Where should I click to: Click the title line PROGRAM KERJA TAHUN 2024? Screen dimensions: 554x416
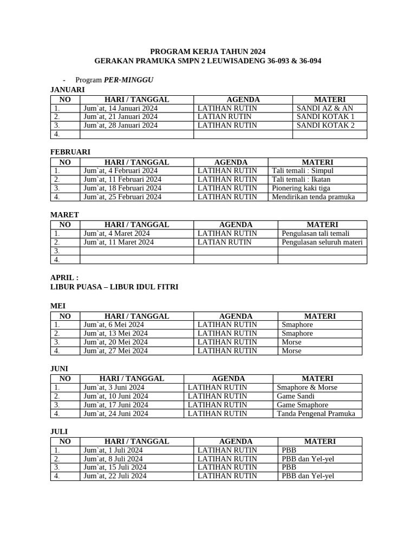pos(208,50)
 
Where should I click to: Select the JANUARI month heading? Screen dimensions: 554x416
pos(67,89)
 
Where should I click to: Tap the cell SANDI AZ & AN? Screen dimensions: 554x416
pos(324,108)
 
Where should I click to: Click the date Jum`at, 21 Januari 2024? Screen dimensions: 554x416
pos(121,117)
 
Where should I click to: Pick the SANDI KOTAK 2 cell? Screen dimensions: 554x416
pos(326,126)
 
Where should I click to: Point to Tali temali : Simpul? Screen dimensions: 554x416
pos(303,171)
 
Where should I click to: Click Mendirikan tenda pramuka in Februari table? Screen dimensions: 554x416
pos(313,197)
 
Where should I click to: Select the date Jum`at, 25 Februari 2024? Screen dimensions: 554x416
pos(122,197)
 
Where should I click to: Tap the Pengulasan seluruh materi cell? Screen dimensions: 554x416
pos(322,242)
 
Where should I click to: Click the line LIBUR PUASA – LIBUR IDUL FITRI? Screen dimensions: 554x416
pos(114,287)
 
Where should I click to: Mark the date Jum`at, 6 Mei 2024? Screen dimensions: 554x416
pos(115,325)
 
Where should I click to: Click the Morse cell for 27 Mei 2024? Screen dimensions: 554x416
pos(291,351)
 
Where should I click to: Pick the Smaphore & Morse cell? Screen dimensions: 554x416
pos(307,387)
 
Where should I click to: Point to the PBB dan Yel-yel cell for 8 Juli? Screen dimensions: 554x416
pos(308,459)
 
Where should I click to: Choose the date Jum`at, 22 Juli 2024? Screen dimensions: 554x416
pos(115,476)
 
